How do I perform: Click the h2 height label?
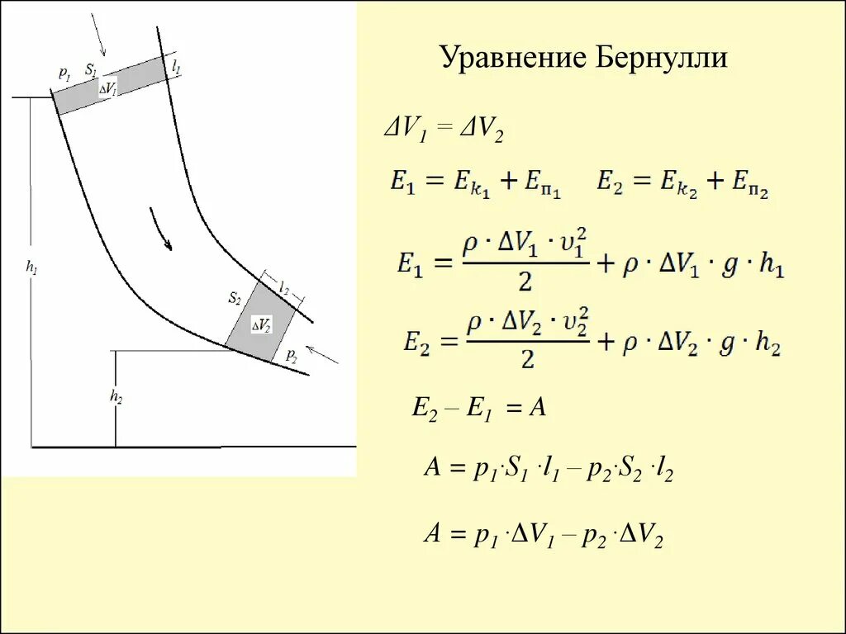[116, 397]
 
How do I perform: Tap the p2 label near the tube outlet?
[291, 355]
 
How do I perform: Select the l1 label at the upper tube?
[176, 66]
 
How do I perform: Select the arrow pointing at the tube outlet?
[323, 353]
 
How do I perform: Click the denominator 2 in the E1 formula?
[524, 283]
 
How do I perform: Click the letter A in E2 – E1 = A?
[537, 407]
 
